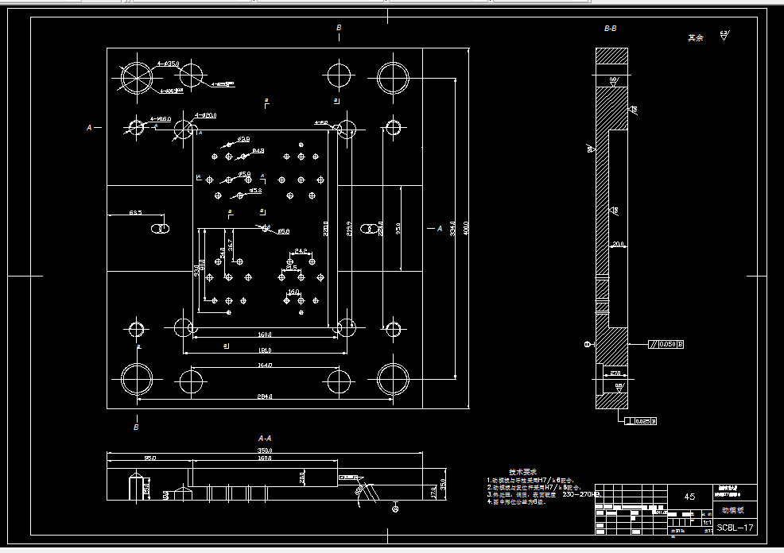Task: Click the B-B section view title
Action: tap(610, 29)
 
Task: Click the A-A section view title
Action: tap(265, 438)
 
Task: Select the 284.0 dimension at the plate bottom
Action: tap(264, 396)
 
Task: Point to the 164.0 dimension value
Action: tap(265, 365)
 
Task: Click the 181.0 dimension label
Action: tap(265, 350)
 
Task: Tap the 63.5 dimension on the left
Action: tap(135, 213)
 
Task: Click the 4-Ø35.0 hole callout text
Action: tap(168, 63)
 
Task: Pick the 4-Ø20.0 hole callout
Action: tap(205, 115)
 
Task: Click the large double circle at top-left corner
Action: tap(136, 78)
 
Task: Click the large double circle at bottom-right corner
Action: tap(393, 379)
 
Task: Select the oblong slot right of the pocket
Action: tap(368, 230)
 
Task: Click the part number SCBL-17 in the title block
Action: tap(735, 528)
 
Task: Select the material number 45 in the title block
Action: tap(689, 497)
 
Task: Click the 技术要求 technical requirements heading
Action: tap(522, 472)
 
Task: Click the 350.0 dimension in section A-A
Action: tap(264, 451)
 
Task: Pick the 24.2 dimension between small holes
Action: tap(301, 251)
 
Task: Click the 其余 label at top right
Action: tap(696, 37)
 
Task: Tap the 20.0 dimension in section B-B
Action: tap(618, 245)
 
